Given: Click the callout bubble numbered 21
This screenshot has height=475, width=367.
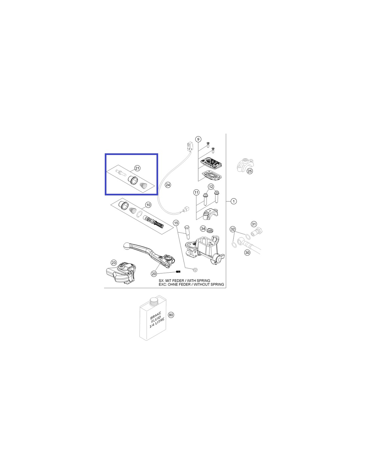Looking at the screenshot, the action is (x=137, y=168).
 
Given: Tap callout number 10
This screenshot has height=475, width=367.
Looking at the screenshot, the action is (x=148, y=205).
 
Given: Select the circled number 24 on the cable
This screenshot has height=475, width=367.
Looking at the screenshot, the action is (x=168, y=185).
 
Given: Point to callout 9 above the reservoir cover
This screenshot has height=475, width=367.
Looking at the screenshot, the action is (x=198, y=139).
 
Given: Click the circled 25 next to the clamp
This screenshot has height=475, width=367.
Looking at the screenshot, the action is (x=250, y=171).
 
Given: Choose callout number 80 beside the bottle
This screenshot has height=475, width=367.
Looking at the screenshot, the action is (x=171, y=315).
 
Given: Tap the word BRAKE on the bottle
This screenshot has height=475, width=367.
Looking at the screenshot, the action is (x=155, y=316).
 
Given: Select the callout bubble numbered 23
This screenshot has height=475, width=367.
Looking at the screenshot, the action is (x=114, y=263).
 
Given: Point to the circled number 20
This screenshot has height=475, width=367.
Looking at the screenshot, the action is (x=154, y=274).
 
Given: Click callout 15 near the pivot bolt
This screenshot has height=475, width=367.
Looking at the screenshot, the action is (x=176, y=223).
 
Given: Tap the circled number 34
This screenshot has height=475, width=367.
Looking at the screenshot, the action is (x=203, y=228).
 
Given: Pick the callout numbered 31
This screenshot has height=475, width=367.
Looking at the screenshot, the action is (x=254, y=224).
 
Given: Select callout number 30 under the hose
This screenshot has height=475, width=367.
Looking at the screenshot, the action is (x=247, y=253).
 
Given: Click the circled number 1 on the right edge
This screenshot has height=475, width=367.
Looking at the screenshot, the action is (x=234, y=201).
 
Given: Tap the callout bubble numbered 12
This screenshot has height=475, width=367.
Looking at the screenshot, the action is (x=211, y=187).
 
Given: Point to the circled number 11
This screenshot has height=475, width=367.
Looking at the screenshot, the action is (x=196, y=193).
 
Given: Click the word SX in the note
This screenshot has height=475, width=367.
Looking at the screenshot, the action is (x=161, y=281).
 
